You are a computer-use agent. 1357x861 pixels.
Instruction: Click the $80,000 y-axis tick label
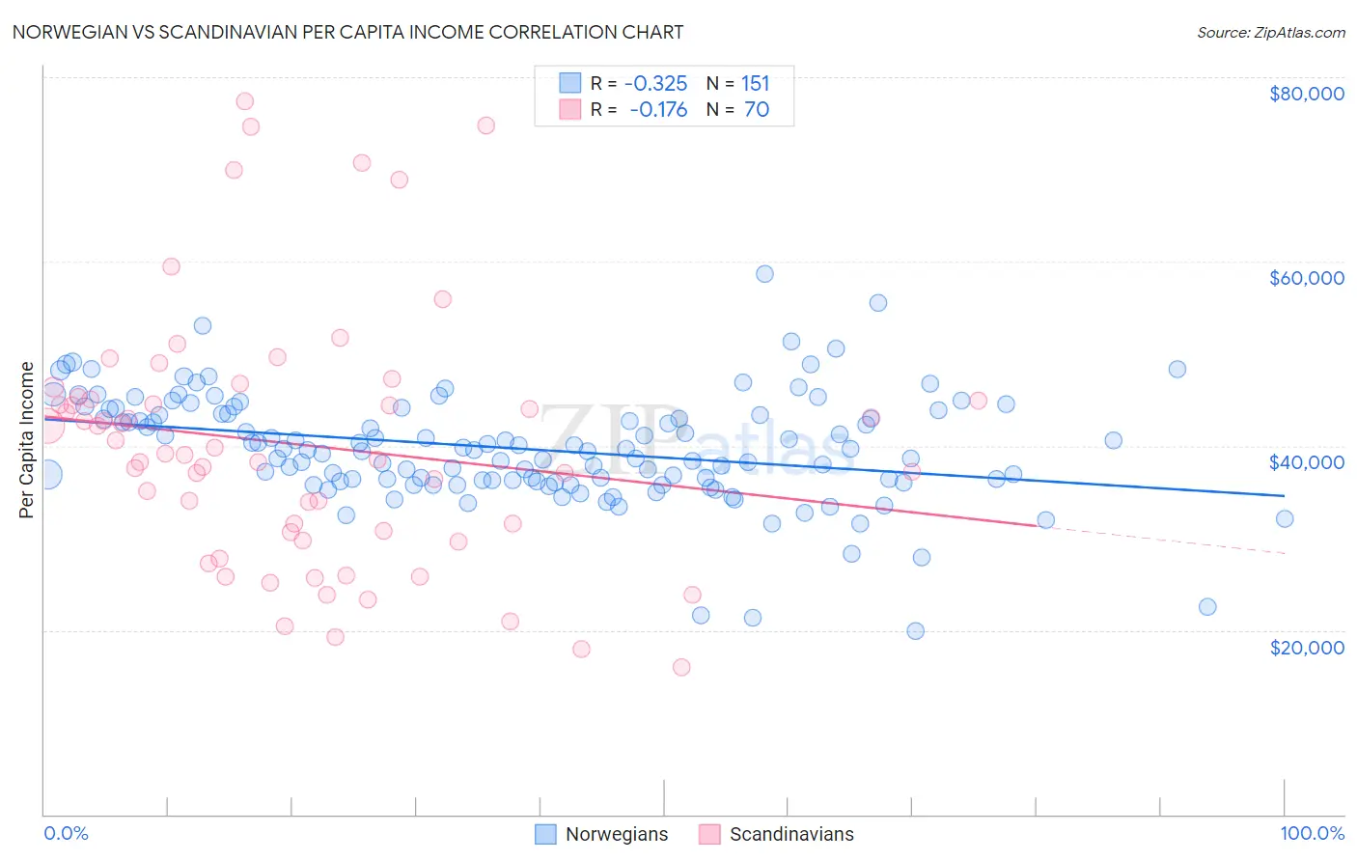[1307, 94]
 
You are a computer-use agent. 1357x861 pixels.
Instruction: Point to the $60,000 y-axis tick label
[1307, 278]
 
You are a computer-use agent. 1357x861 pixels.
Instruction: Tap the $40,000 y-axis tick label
[1307, 462]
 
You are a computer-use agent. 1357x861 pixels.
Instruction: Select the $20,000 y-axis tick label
[1307, 647]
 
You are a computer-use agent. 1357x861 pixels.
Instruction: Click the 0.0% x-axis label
[66, 833]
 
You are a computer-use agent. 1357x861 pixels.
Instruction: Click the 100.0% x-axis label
[1313, 833]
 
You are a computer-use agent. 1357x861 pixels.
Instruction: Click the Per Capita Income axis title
[27, 439]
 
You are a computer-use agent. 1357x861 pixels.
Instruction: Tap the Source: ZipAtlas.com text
[1271, 32]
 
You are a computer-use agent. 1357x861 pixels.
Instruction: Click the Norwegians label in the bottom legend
[617, 834]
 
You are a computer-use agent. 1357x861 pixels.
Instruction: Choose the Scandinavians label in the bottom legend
[791, 834]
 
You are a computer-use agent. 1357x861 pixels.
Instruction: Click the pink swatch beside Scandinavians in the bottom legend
[710, 834]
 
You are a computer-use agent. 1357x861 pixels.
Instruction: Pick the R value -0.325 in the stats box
[656, 84]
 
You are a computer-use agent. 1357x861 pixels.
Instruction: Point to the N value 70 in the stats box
[757, 110]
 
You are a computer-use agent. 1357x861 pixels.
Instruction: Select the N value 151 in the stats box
[756, 84]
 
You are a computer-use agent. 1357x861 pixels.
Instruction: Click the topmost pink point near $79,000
[245, 101]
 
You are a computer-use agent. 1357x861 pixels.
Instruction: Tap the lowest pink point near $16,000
[681, 667]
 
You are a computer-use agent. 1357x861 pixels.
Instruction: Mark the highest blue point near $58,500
[764, 274]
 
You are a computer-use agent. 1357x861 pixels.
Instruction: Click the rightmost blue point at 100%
[1285, 519]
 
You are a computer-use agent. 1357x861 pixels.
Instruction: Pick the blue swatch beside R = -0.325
[570, 84]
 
